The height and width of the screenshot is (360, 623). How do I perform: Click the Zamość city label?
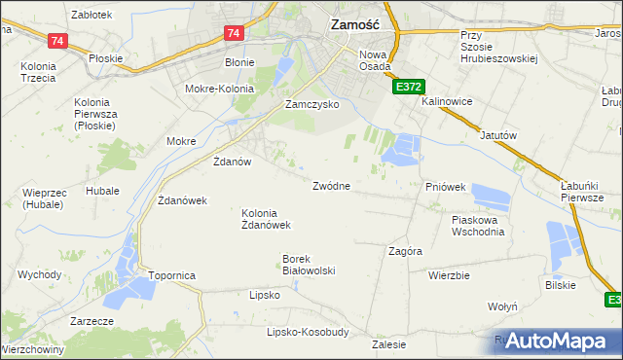(x=361, y=27)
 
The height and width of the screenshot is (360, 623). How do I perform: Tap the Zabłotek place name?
(x=92, y=15)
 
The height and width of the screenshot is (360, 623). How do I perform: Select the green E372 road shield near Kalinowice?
(x=408, y=88)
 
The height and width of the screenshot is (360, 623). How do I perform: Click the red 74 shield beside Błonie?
(x=233, y=33)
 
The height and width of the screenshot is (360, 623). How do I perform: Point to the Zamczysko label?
(x=311, y=104)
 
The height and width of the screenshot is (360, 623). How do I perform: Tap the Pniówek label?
(x=447, y=186)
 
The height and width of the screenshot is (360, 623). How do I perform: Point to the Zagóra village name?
(x=405, y=251)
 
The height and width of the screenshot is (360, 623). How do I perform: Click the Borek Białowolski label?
(x=309, y=265)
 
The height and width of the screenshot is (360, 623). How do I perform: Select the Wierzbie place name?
(x=449, y=275)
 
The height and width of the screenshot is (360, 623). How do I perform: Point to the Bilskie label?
(x=561, y=285)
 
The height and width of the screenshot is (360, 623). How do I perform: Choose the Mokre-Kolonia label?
(x=219, y=89)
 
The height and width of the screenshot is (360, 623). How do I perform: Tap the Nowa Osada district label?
(x=375, y=60)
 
